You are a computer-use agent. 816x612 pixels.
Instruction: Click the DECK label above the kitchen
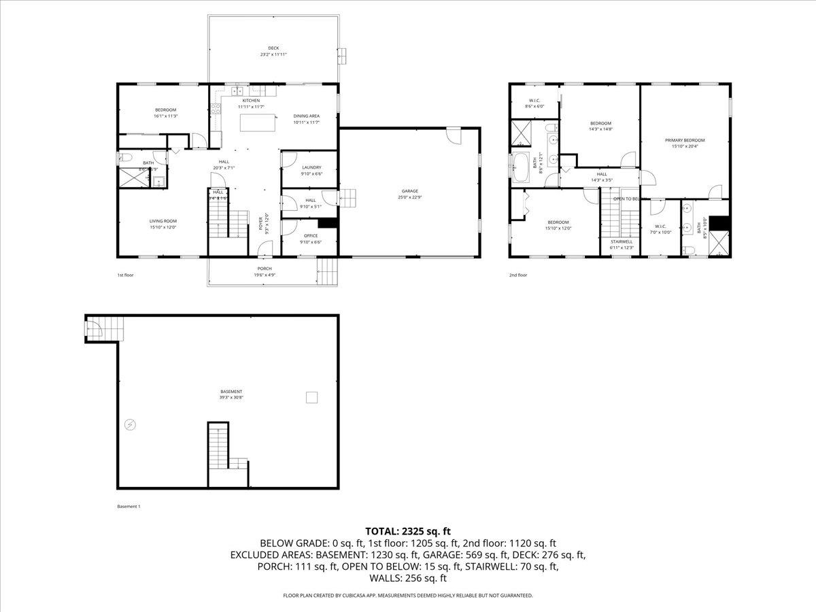click(x=273, y=48)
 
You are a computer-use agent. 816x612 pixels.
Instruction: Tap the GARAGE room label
click(x=409, y=191)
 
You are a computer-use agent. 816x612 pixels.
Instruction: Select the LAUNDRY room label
click(x=311, y=167)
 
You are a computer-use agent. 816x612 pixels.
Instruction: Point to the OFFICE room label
click(x=311, y=235)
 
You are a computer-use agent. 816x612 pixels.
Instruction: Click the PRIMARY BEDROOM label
click(x=685, y=140)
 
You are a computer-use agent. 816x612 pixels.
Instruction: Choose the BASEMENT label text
click(x=231, y=392)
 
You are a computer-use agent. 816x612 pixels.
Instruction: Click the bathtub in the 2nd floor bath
click(x=521, y=167)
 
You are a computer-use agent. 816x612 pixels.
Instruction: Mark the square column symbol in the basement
click(x=311, y=397)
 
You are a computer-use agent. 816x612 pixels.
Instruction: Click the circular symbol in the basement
click(x=131, y=424)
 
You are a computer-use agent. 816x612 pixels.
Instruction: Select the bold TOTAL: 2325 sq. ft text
click(x=408, y=531)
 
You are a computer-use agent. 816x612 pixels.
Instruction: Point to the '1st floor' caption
click(x=126, y=275)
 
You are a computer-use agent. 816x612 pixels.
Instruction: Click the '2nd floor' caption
click(x=518, y=275)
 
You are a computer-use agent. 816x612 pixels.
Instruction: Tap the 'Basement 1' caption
click(x=129, y=507)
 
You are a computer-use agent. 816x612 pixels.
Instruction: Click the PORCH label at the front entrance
click(x=264, y=269)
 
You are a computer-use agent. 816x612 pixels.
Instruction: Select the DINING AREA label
click(x=307, y=116)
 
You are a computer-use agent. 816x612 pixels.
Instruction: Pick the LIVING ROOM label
click(x=163, y=221)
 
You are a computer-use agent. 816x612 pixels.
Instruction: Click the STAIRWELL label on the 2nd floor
click(x=622, y=241)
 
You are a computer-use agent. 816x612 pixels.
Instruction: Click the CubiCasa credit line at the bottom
click(x=408, y=596)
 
